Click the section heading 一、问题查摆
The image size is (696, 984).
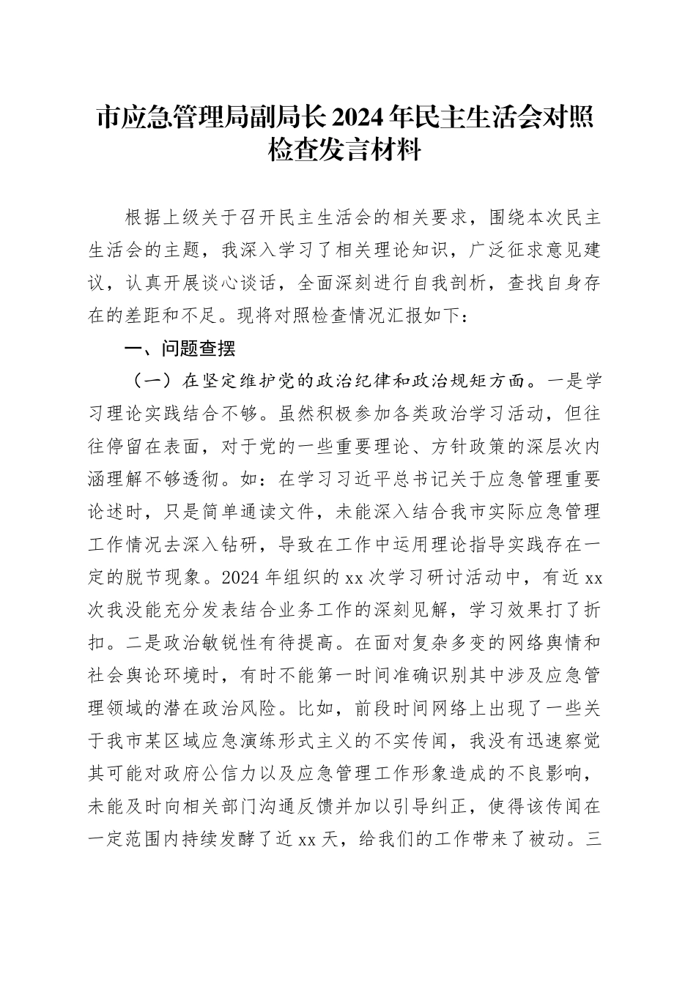pyautogui.click(x=180, y=349)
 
